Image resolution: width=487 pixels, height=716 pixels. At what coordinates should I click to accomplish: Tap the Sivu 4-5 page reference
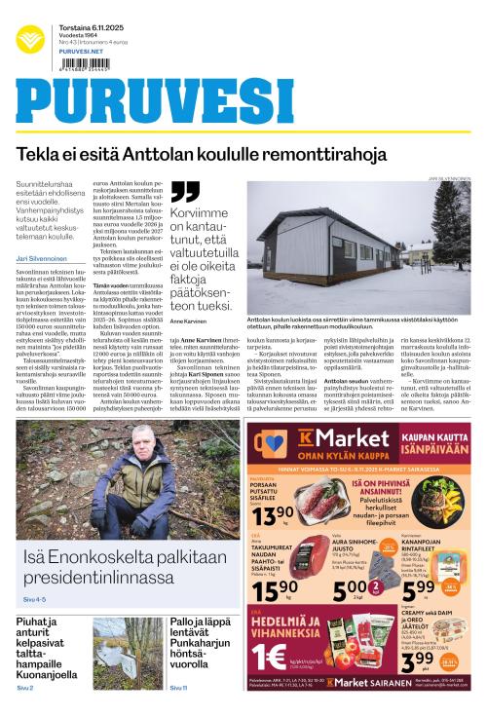coord(35,596)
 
